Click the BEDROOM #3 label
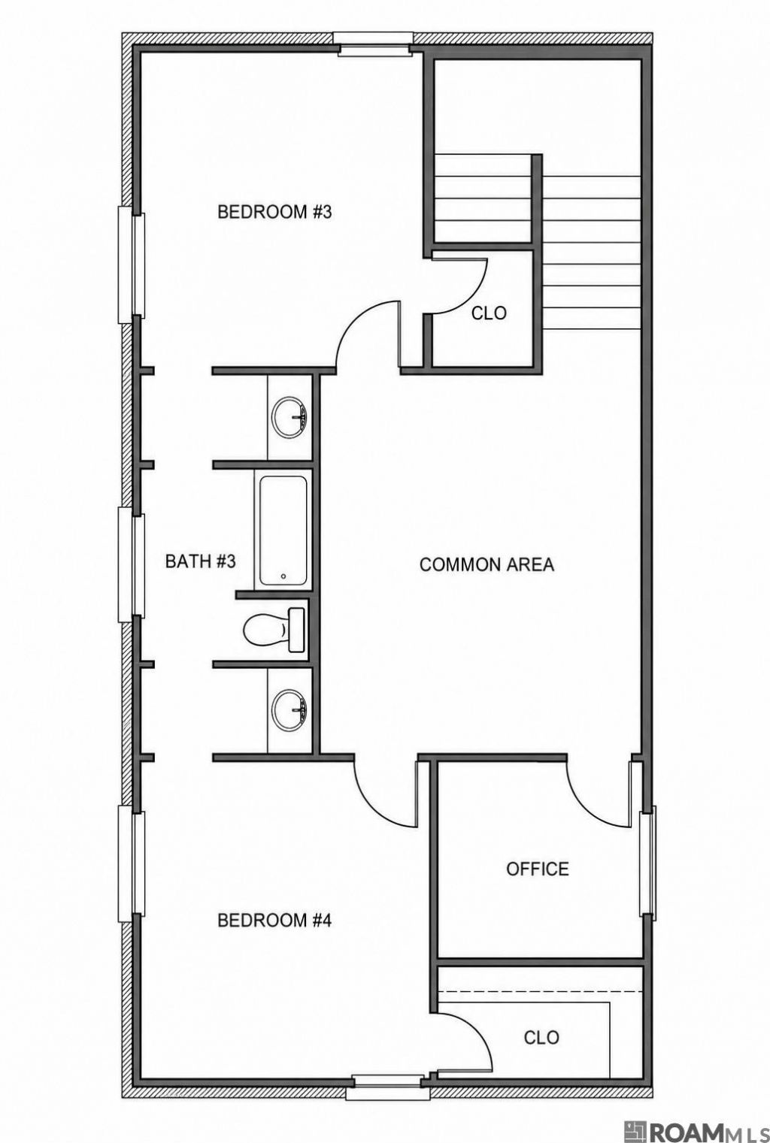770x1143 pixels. coord(274,212)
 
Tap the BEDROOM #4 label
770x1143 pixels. coord(274,921)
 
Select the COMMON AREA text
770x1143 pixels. coord(487,565)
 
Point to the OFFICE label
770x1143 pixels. coord(537,869)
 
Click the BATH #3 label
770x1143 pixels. coord(200,562)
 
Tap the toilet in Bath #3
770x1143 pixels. coord(274,630)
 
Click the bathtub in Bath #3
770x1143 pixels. coord(283,531)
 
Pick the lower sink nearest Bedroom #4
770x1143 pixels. coord(290,709)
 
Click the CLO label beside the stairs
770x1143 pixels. coord(490,313)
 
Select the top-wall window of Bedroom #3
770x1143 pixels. coord(372,44)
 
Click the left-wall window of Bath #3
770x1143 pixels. coord(132,565)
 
